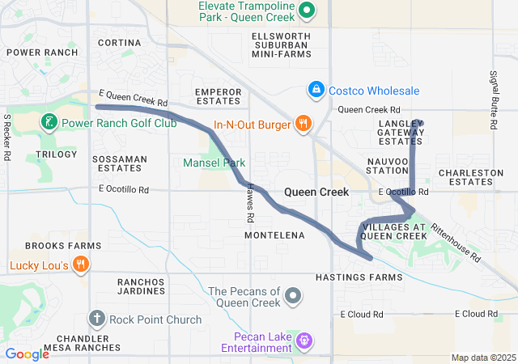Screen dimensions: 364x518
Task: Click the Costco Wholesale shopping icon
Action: click(317, 90)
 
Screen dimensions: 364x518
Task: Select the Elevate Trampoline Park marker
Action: click(307, 11)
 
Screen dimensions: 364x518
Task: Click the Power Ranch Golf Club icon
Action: click(49, 124)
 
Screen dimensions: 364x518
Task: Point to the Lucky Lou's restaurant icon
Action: click(81, 265)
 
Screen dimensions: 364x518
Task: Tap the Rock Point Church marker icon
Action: click(97, 319)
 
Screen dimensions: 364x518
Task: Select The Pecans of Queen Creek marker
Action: click(292, 297)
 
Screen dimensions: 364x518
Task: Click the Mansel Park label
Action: click(214, 163)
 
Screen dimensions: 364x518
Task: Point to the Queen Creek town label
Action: click(316, 193)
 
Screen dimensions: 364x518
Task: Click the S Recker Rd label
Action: click(7, 135)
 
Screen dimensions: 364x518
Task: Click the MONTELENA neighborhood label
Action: click(274, 235)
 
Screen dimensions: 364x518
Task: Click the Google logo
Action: click(27, 353)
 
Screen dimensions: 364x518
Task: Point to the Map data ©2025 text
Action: click(482, 358)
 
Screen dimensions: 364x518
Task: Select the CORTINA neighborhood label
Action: click(119, 42)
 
